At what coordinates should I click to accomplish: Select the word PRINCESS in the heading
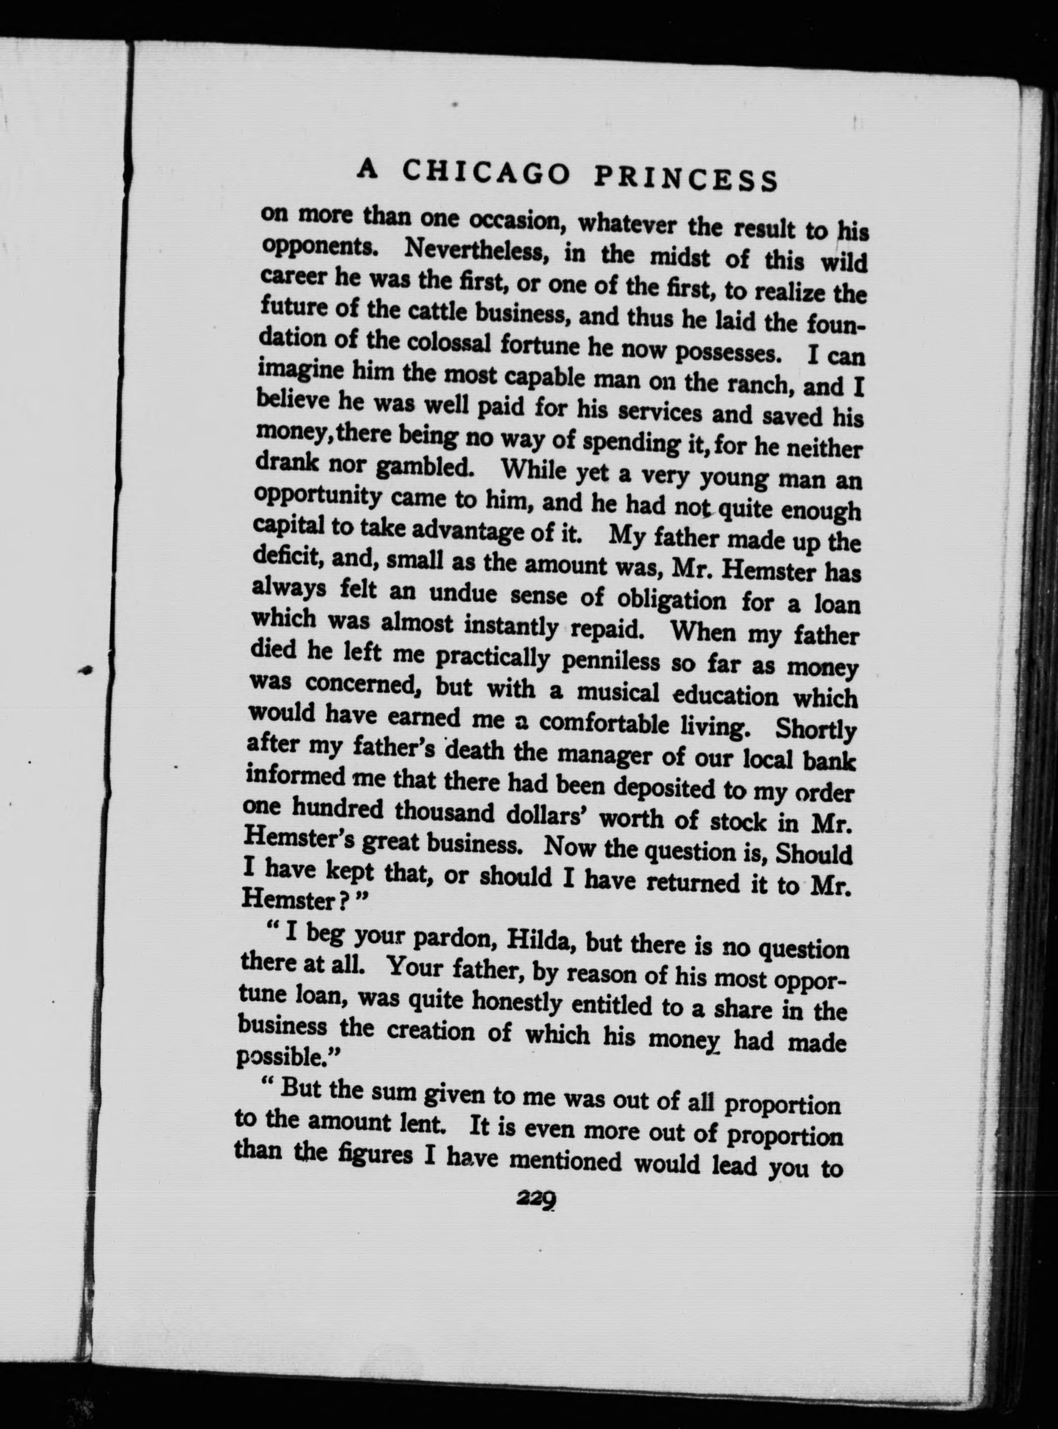pyautogui.click(x=684, y=179)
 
